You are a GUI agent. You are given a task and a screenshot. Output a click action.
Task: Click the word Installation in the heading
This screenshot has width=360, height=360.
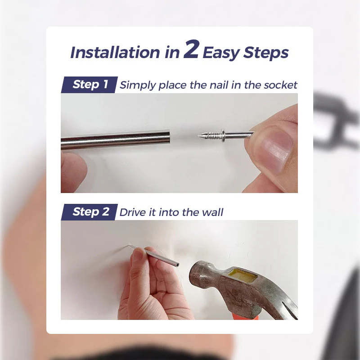(x=115, y=53)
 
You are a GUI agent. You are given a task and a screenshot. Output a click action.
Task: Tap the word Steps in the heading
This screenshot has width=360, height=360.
(x=266, y=53)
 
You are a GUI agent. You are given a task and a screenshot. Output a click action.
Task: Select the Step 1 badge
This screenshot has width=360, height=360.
(x=90, y=84)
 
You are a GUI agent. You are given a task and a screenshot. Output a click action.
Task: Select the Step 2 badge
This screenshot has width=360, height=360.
(x=90, y=212)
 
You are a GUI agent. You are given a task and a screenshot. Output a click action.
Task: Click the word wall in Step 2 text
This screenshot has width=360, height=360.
(x=213, y=212)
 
